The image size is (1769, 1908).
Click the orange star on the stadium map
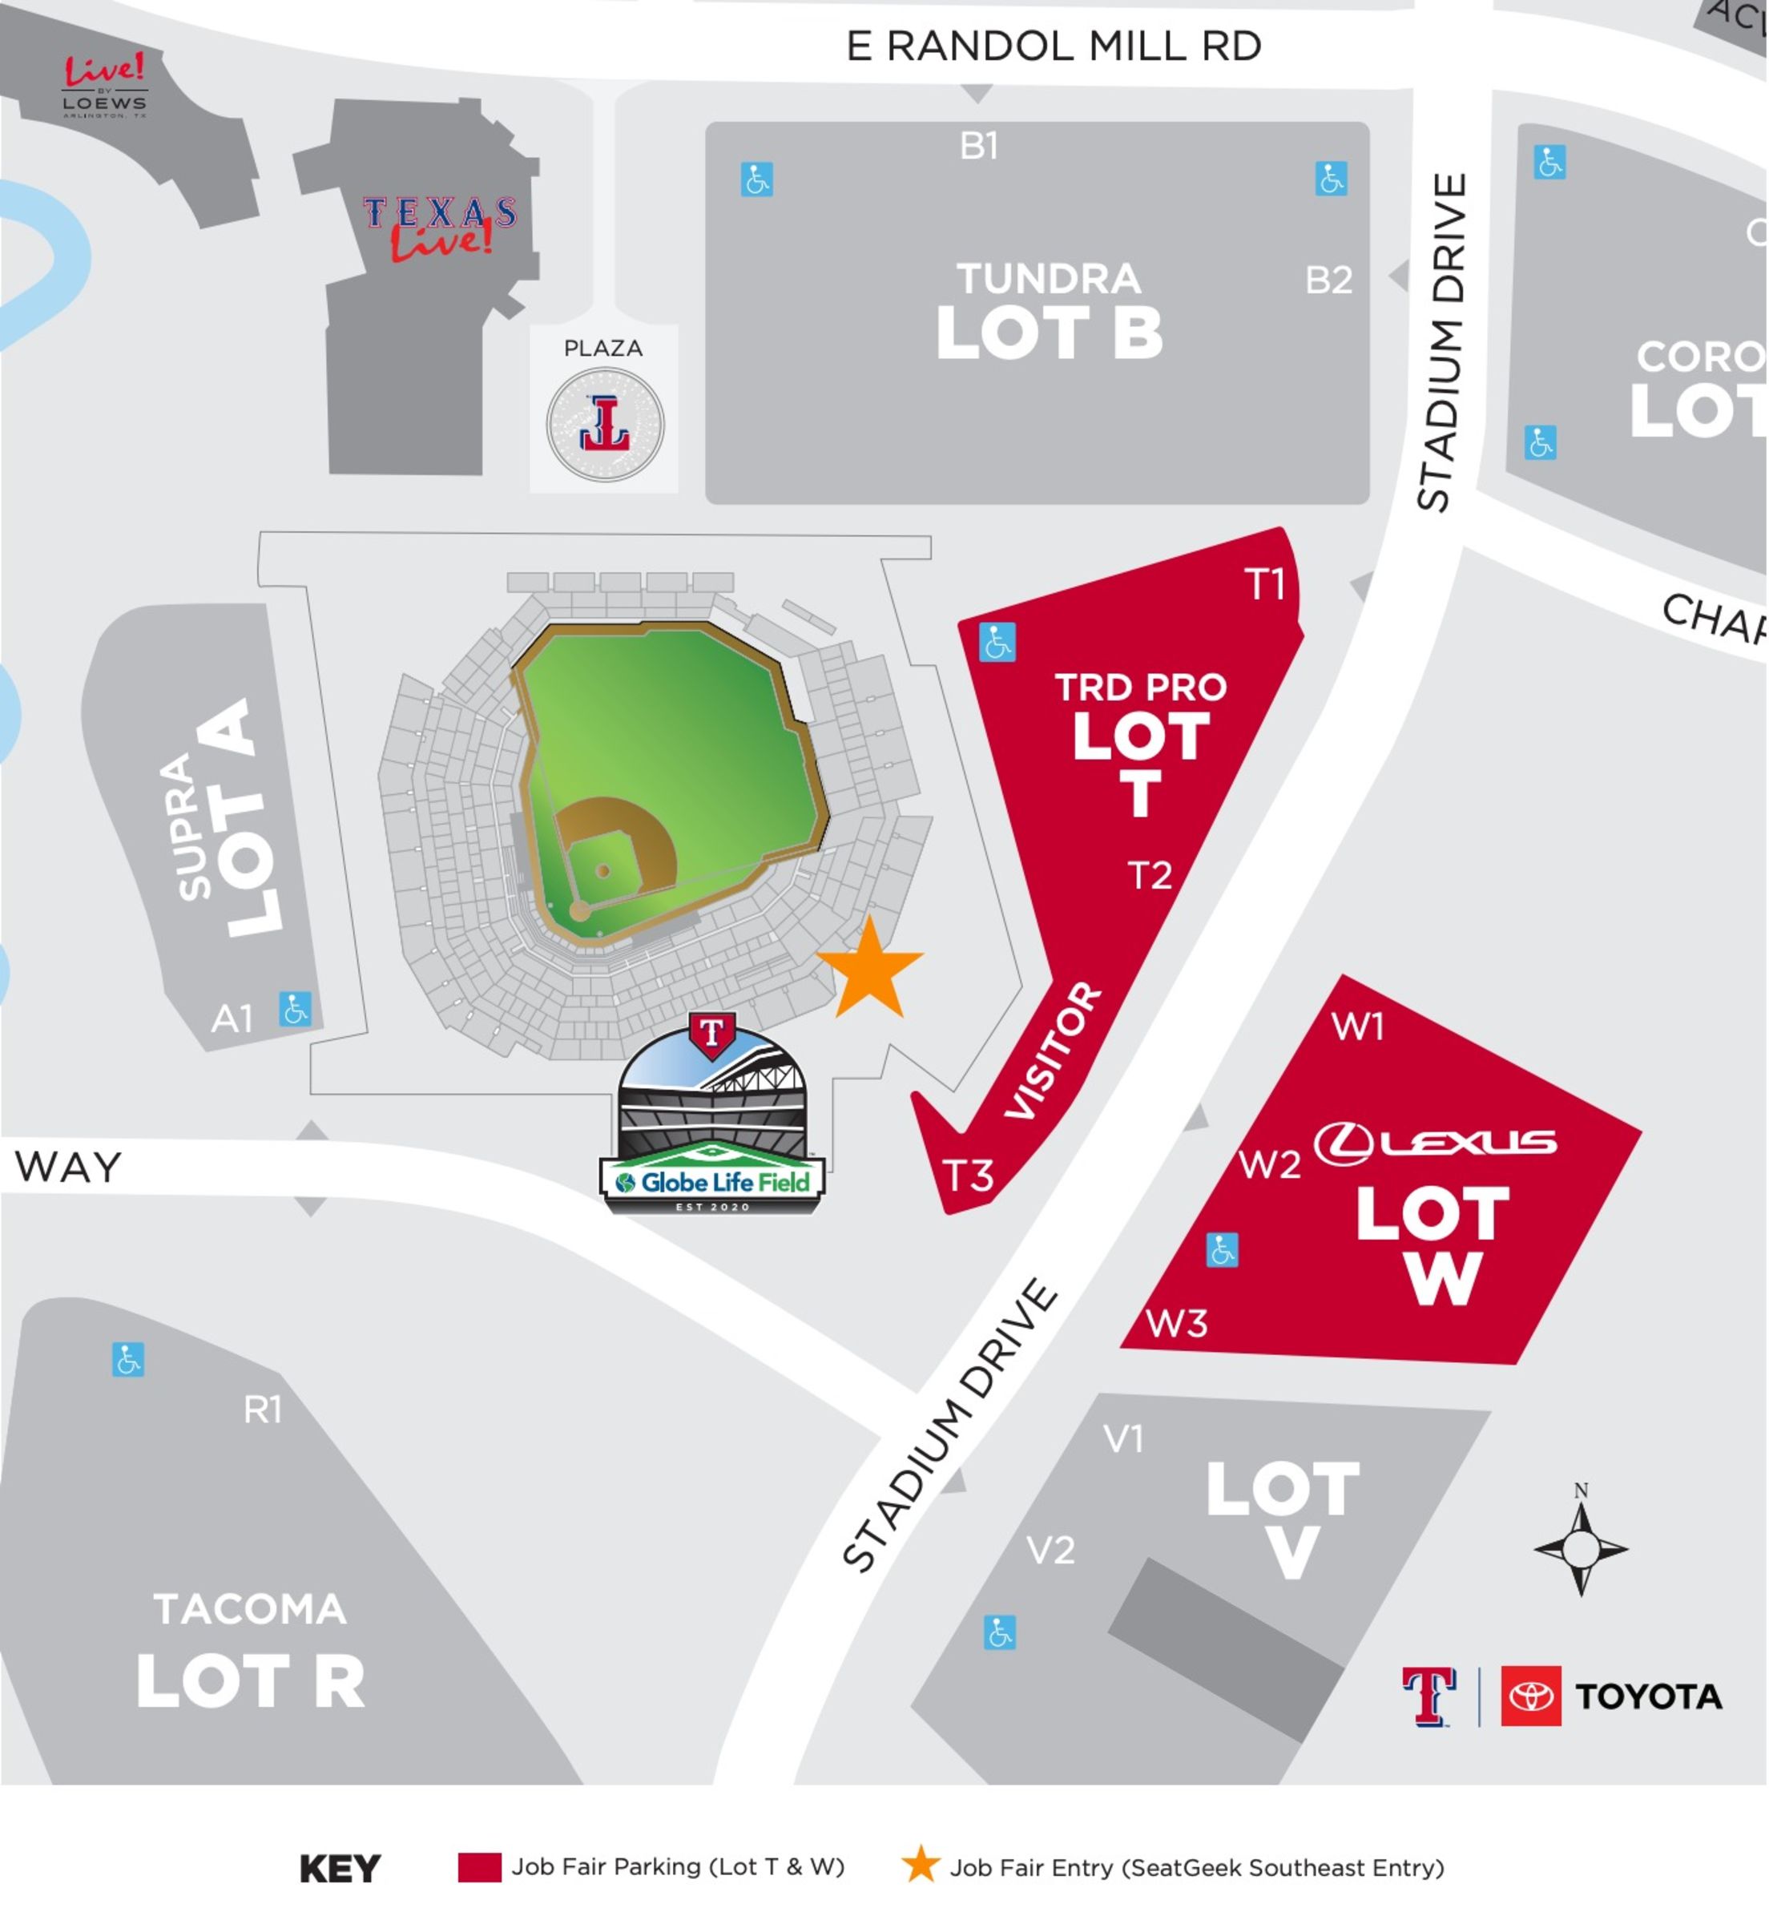point(869,969)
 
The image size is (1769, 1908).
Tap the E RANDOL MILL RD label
point(1054,46)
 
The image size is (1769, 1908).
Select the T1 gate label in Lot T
point(1264,584)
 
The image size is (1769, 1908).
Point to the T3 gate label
point(969,1176)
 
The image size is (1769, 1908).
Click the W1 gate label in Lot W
point(1358,1027)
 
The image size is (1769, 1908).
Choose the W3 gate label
point(1176,1324)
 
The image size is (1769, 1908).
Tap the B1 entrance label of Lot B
point(979,146)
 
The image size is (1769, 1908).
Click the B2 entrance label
point(1328,280)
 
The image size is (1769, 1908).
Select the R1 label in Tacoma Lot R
point(262,1410)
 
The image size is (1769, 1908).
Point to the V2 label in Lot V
point(1050,1550)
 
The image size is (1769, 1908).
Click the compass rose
point(1581,1548)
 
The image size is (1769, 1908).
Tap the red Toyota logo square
point(1530,1696)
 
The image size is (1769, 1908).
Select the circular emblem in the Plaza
point(605,424)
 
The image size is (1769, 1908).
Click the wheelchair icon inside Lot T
point(997,643)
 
